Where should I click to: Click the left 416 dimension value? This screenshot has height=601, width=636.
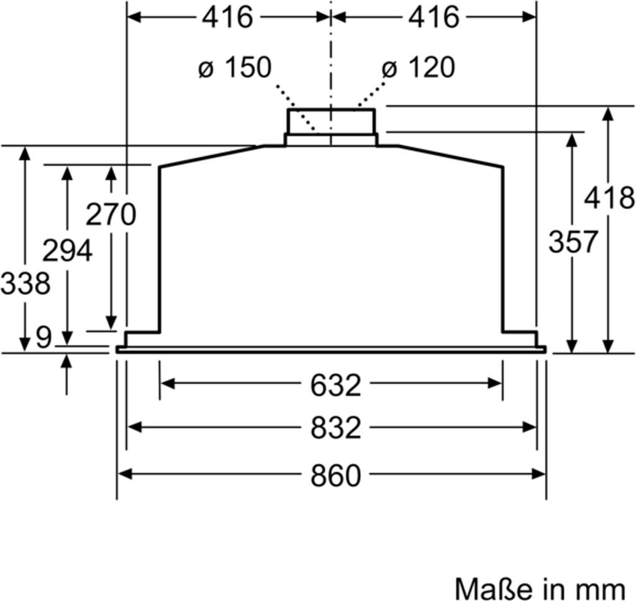tap(227, 17)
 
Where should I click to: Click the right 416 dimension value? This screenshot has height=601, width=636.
tap(434, 17)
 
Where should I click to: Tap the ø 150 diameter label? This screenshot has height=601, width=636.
tap(235, 67)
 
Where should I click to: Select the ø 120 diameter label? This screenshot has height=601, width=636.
tap(418, 67)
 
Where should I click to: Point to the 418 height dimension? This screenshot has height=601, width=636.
tap(609, 198)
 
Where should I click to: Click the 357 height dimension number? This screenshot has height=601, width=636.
tap(573, 242)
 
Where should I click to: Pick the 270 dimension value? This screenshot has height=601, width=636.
tap(111, 214)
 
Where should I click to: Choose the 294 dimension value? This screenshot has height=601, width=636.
tap(67, 250)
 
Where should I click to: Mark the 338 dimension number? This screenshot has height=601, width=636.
tap(25, 282)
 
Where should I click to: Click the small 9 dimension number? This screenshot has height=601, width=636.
tap(44, 337)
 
